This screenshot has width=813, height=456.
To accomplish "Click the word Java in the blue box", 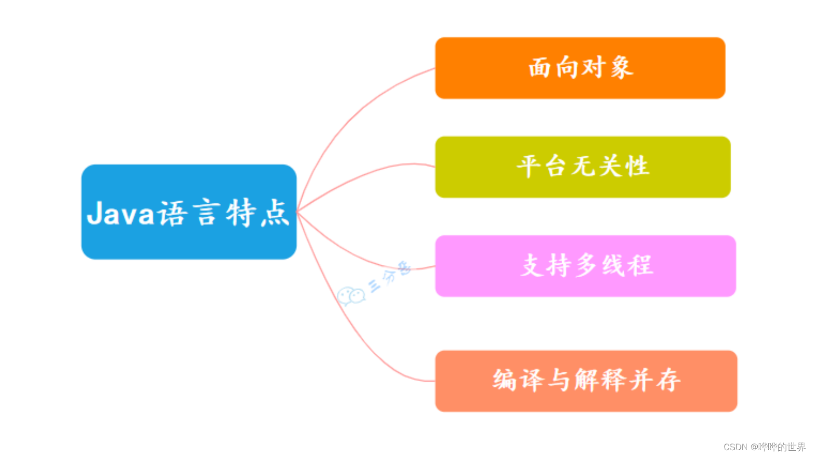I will pos(120,213).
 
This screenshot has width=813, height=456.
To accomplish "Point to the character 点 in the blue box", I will pos(275,213).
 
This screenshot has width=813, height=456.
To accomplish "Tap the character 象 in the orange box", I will pos(622,67).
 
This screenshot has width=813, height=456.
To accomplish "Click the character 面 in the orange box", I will pos(540,67).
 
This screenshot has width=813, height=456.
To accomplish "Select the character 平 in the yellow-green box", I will pos(529,166).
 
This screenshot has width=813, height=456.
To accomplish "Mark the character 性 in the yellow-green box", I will pos(637,166).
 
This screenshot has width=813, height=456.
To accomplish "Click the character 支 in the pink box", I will pos(532,265).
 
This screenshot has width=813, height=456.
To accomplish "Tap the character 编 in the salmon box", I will pos(505,380).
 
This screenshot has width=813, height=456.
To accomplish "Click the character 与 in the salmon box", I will pos(559,380).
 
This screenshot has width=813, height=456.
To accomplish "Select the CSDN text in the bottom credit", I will pos(735,447).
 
